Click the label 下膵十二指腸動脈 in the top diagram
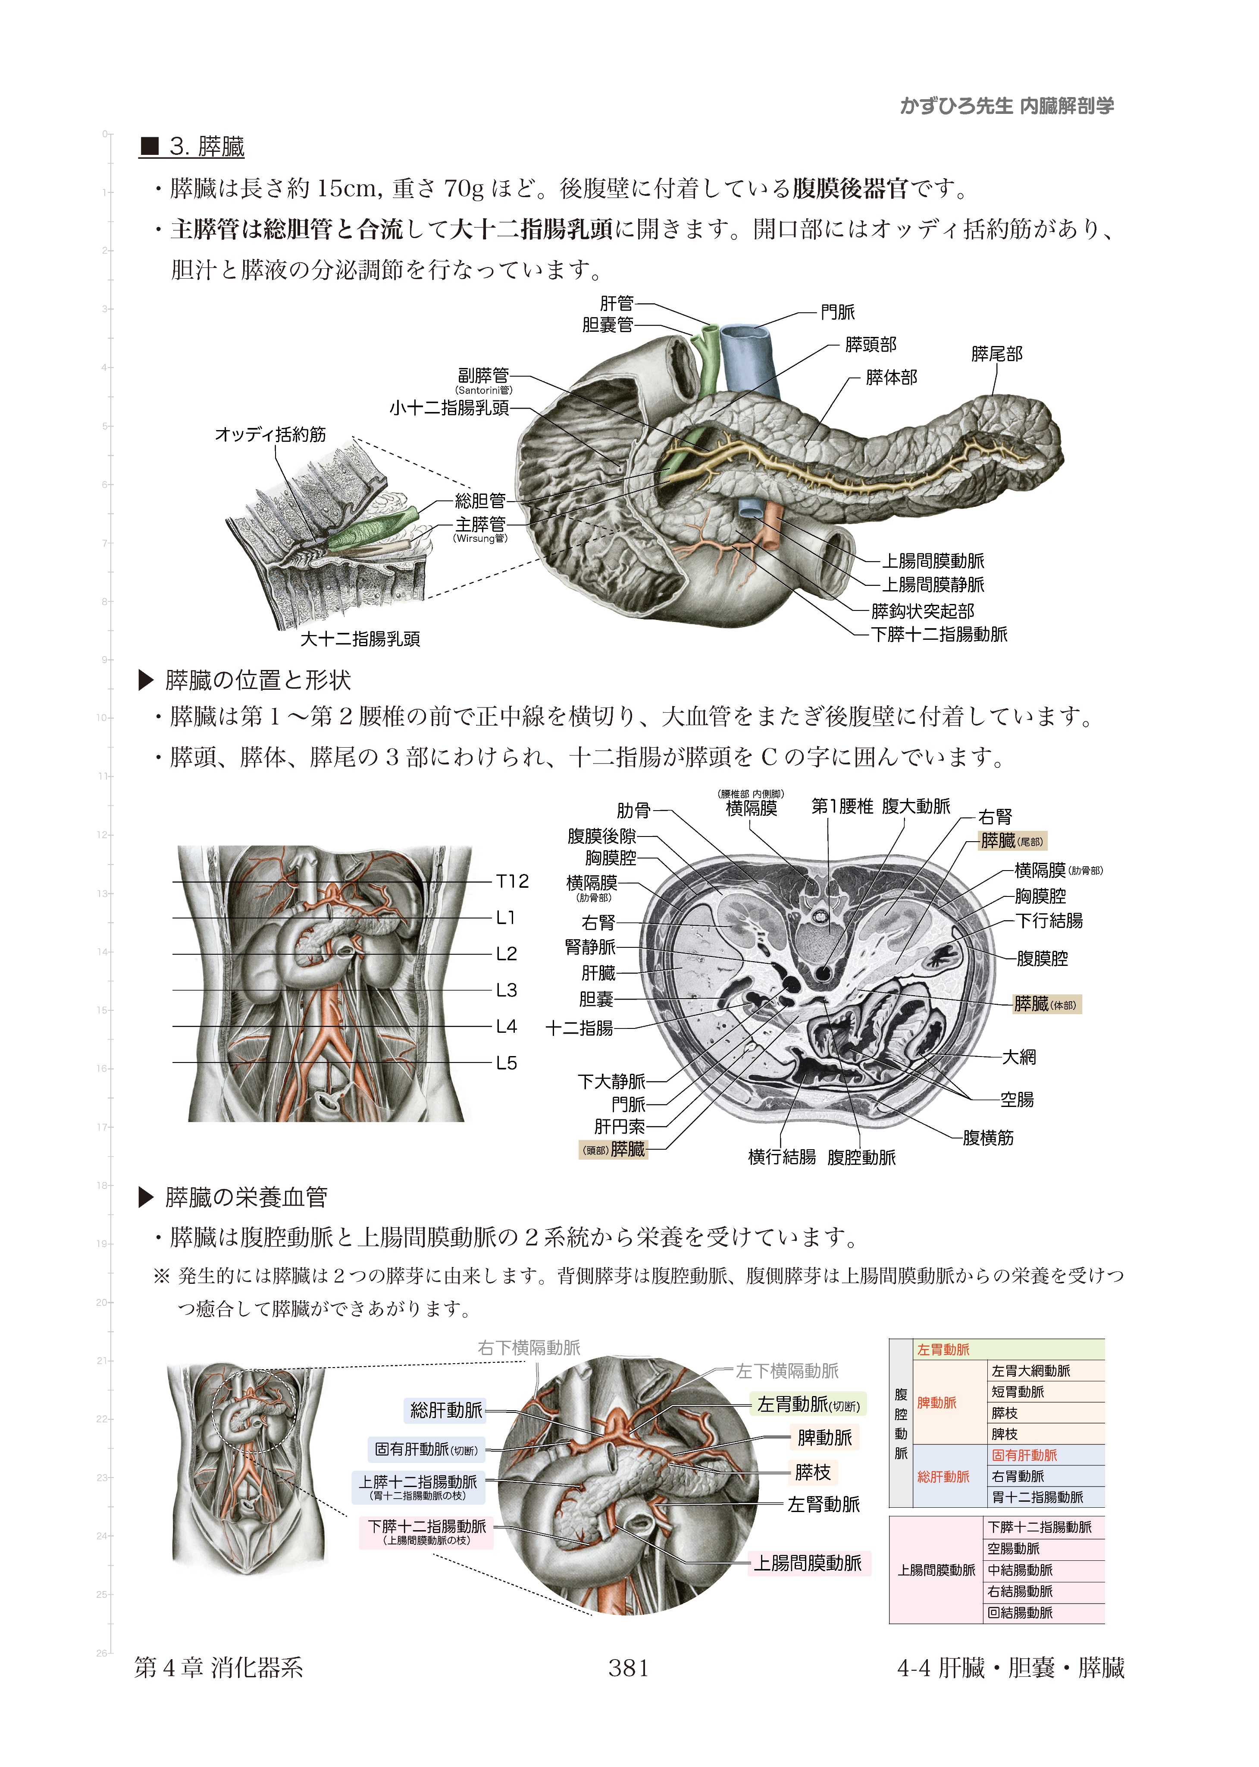(x=939, y=635)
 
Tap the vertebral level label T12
(x=512, y=881)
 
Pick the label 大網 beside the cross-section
(x=1019, y=1057)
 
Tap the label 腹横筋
(x=988, y=1138)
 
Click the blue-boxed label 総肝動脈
(x=447, y=1410)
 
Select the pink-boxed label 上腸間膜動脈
(x=808, y=1563)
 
